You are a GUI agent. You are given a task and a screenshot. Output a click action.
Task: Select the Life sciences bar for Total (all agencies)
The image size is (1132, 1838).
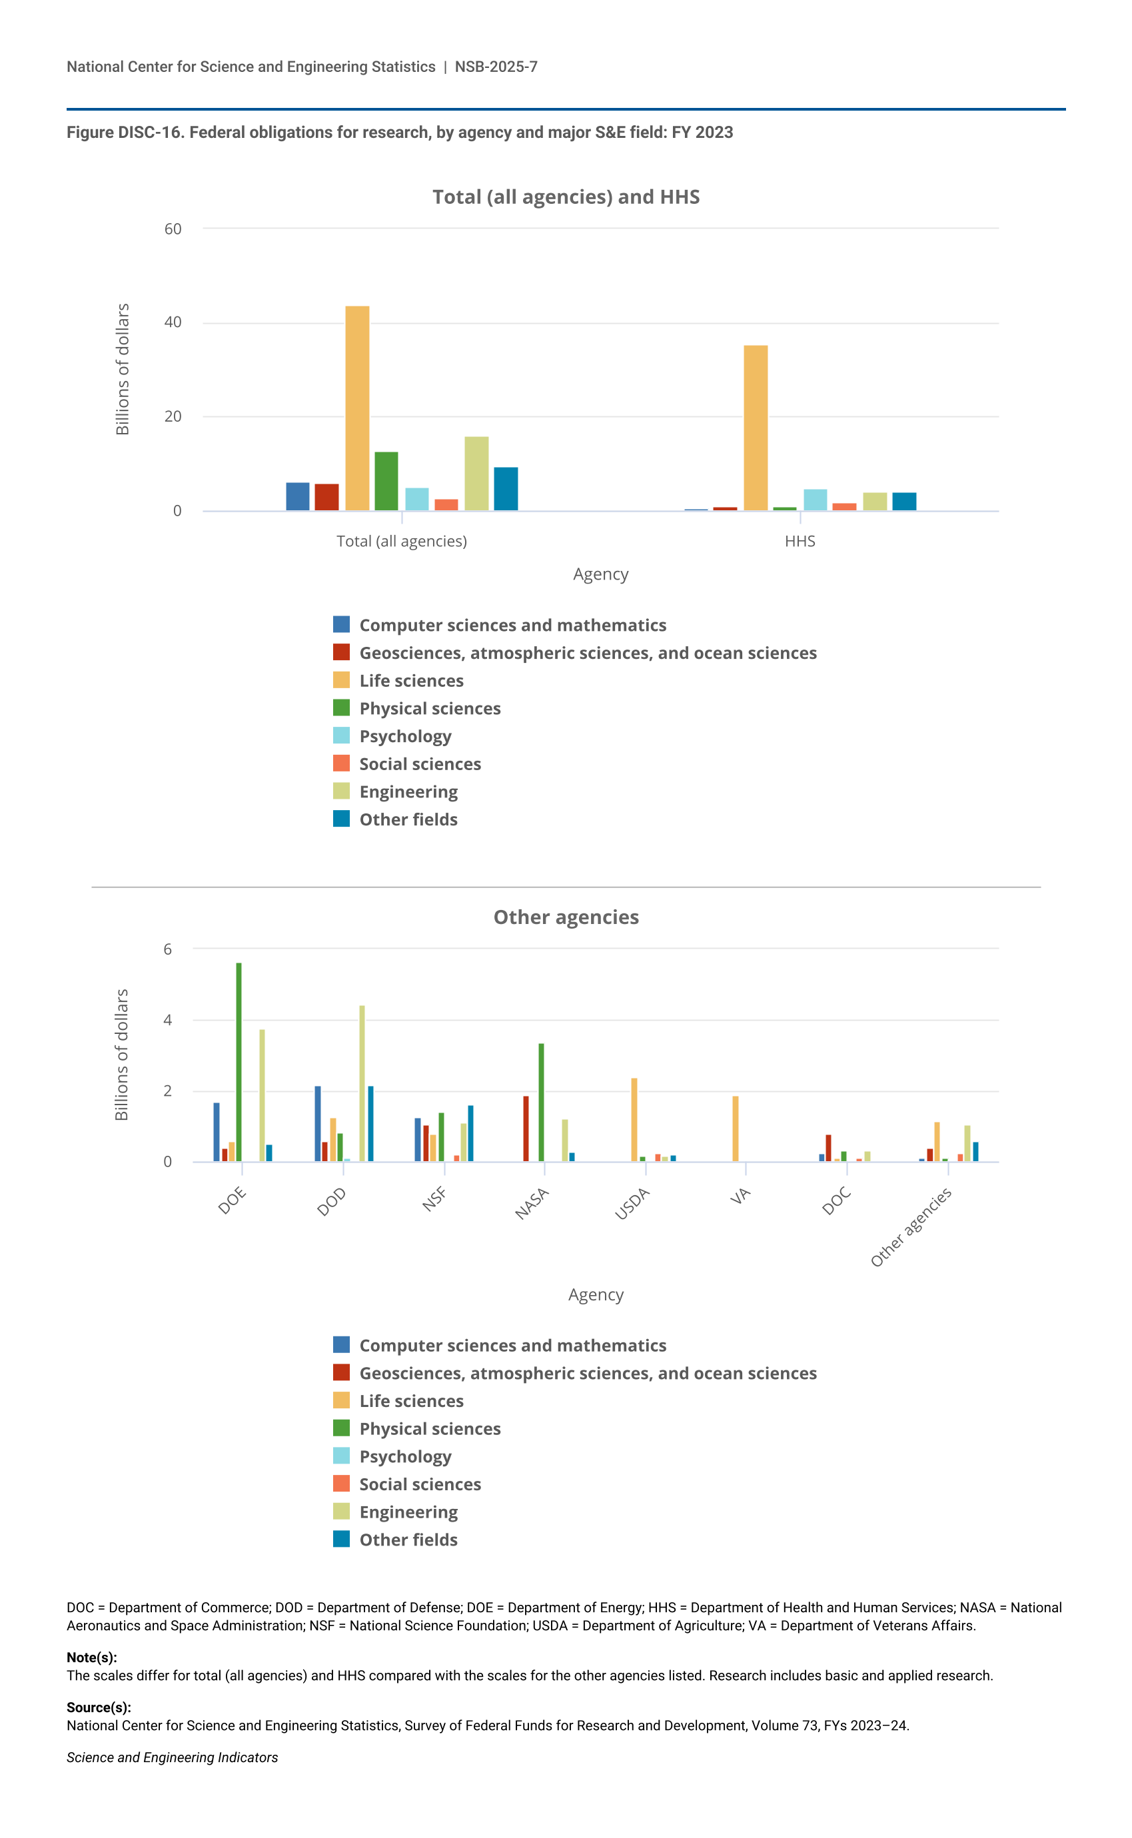click(x=357, y=408)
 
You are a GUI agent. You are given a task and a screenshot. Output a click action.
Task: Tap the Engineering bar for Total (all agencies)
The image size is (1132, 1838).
click(x=476, y=473)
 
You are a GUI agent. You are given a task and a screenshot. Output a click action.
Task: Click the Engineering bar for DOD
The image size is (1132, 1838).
click(x=362, y=1083)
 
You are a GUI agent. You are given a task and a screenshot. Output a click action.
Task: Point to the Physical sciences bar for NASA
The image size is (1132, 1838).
click(x=541, y=1102)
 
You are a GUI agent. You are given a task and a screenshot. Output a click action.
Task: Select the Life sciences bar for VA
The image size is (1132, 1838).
click(x=735, y=1129)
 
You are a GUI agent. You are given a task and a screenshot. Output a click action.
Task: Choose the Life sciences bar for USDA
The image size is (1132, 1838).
click(x=634, y=1120)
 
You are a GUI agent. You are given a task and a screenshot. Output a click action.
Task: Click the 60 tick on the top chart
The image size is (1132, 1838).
click(x=173, y=229)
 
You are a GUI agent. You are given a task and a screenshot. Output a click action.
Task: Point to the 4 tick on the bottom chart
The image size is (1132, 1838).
click(x=168, y=1020)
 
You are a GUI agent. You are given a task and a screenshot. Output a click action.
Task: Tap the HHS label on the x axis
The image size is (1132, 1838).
click(x=800, y=541)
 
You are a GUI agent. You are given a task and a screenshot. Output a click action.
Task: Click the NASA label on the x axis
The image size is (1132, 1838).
click(x=532, y=1202)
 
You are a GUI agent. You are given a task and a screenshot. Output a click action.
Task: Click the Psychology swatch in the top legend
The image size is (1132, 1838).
click(x=341, y=735)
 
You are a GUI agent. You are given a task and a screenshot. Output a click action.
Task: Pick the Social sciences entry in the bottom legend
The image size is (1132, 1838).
click(x=419, y=1484)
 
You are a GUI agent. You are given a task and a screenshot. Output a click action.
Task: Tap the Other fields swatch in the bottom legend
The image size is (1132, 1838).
click(x=341, y=1540)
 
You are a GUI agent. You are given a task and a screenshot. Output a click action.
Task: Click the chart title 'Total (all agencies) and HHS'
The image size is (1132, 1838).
click(x=566, y=197)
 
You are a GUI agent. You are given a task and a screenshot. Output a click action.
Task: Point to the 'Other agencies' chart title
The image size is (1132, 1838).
click(x=566, y=917)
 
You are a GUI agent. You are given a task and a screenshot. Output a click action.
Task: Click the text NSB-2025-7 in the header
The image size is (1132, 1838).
click(x=496, y=67)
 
